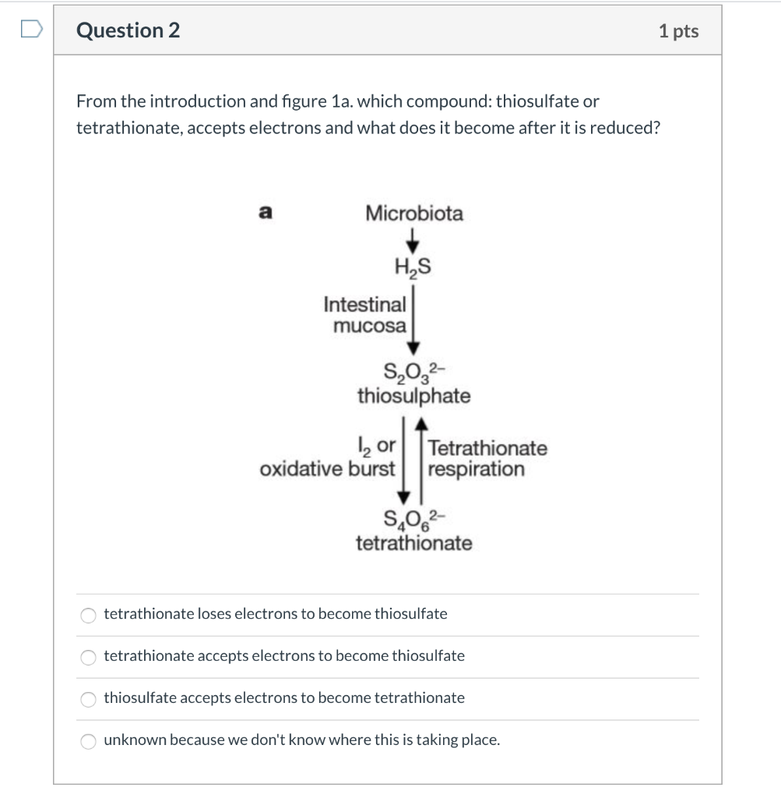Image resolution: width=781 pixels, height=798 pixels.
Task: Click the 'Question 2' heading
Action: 128,30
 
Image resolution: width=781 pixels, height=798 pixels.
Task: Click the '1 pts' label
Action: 678,31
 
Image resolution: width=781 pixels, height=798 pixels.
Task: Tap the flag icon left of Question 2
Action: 30,30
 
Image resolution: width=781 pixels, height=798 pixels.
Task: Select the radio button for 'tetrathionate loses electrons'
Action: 89,615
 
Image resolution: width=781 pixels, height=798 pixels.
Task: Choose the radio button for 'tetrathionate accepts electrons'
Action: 89,657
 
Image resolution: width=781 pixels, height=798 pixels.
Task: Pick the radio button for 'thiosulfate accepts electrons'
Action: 89,699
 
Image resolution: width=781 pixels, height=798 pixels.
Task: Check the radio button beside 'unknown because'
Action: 89,741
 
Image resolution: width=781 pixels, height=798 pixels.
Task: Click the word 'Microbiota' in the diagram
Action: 413,214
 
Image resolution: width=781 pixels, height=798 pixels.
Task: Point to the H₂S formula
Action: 413,268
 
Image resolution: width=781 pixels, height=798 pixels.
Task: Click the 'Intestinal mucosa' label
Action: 366,314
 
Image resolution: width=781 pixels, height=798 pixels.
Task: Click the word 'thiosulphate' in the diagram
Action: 413,396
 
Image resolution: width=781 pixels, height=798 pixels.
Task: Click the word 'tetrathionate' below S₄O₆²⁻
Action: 413,542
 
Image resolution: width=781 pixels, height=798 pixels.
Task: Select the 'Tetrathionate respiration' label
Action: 487,459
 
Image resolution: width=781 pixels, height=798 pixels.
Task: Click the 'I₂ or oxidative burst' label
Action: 328,458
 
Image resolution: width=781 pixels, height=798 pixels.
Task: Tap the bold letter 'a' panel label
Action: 265,211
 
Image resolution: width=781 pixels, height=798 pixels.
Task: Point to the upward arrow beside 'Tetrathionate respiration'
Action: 421,460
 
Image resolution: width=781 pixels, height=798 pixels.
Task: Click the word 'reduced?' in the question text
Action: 627,128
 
